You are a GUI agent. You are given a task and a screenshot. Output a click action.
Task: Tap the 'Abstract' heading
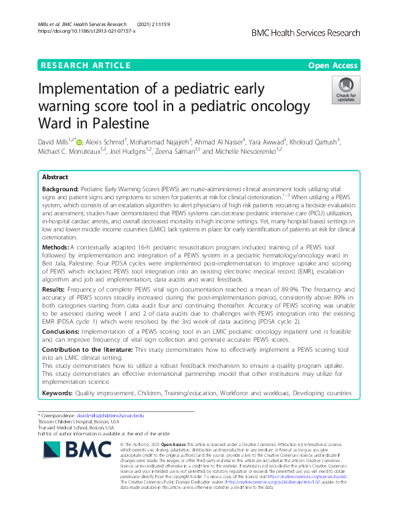point(55,177)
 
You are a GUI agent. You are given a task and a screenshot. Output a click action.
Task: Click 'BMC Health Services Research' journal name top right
point(305,32)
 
